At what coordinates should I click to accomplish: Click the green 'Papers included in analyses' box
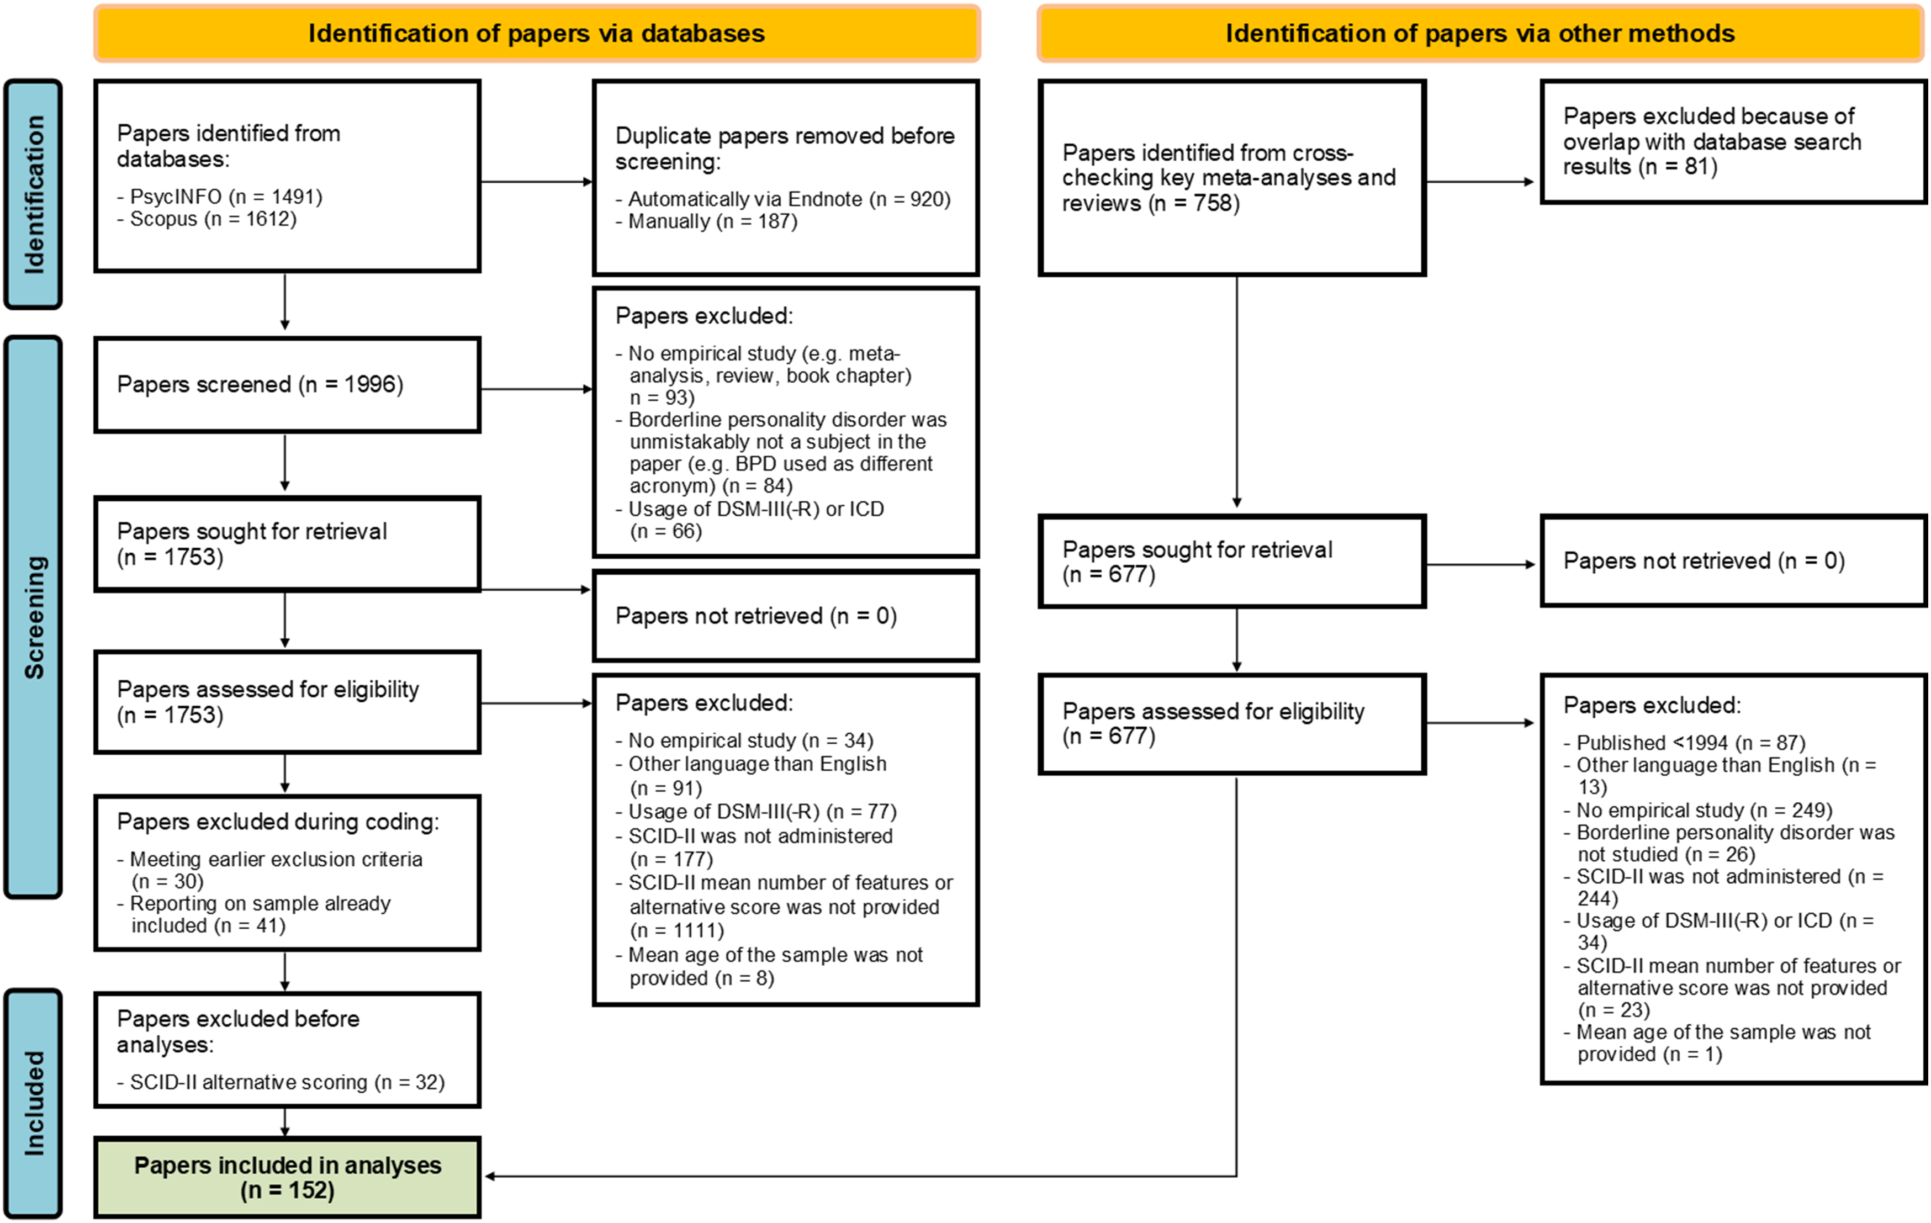[287, 1177]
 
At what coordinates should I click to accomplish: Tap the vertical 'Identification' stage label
[33, 194]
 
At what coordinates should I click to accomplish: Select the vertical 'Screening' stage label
[33, 617]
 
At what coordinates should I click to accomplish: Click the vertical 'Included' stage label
[33, 1104]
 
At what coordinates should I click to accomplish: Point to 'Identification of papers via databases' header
[537, 34]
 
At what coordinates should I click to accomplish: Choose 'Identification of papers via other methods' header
[1480, 34]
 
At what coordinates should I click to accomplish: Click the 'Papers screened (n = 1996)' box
[287, 385]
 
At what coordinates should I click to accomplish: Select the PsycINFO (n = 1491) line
[220, 197]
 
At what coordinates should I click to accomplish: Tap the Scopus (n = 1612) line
[207, 219]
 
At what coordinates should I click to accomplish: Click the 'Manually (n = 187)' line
[706, 221]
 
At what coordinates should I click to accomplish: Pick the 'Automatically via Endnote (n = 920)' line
[782, 199]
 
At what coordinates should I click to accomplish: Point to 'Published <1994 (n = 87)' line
[1684, 743]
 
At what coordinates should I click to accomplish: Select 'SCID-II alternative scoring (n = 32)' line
[281, 1082]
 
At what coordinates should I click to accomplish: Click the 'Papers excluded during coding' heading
[277, 822]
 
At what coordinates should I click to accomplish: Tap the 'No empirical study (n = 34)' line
[744, 740]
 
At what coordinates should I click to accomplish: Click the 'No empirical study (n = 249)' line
[1697, 810]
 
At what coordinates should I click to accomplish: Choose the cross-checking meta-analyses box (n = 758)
[1232, 177]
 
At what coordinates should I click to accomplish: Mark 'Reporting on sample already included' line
[253, 914]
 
